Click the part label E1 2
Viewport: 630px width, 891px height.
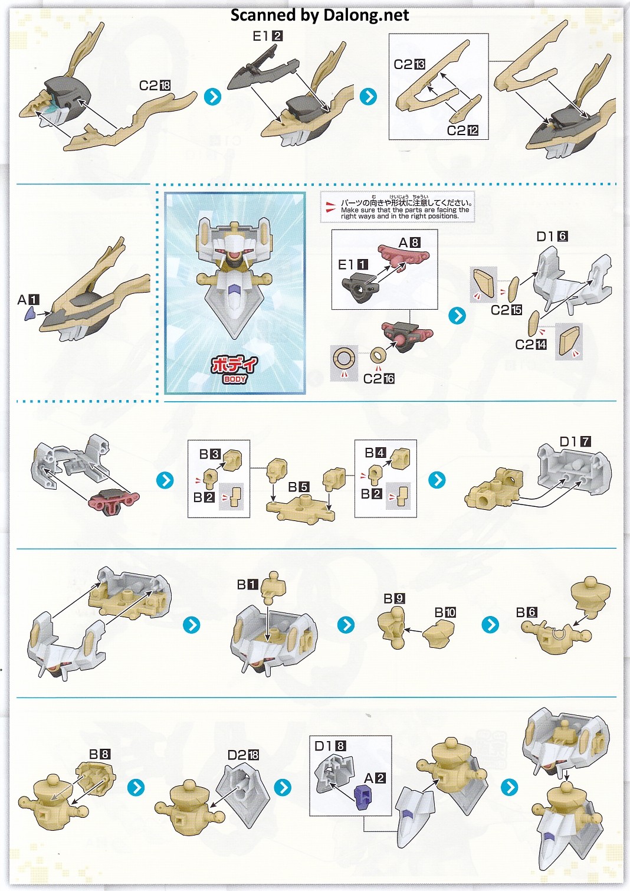pyautogui.click(x=267, y=36)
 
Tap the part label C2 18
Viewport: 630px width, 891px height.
pyautogui.click(x=155, y=85)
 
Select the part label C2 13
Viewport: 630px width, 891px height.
pyautogui.click(x=409, y=64)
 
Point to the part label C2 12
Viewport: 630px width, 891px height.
pyautogui.click(x=462, y=130)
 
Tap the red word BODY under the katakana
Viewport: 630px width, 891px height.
pyautogui.click(x=235, y=379)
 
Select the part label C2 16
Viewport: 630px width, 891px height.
pyautogui.click(x=379, y=378)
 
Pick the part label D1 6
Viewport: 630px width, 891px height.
pyautogui.click(x=552, y=237)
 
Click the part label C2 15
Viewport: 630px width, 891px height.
pyautogui.click(x=507, y=310)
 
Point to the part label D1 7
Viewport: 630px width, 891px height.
pyautogui.click(x=575, y=441)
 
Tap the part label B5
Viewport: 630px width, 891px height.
pyautogui.click(x=298, y=487)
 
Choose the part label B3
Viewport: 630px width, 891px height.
pyautogui.click(x=209, y=454)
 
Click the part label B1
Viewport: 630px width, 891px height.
pyautogui.click(x=247, y=584)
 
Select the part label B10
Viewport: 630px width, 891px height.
pyautogui.click(x=445, y=612)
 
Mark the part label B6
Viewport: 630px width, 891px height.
pyautogui.click(x=527, y=612)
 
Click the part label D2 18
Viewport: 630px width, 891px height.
pyautogui.click(x=243, y=755)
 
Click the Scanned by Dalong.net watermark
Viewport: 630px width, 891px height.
pyautogui.click(x=320, y=15)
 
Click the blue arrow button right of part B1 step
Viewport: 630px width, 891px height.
pyautogui.click(x=346, y=625)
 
